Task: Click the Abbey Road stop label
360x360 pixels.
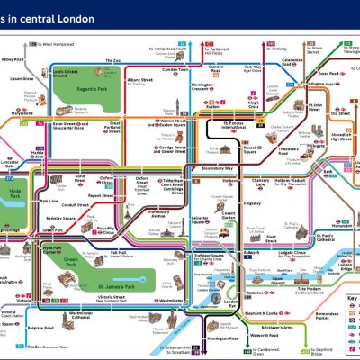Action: click(x=13, y=59)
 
